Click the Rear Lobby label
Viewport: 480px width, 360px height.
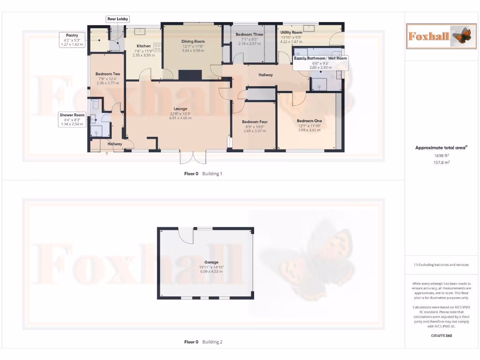(x=118, y=19)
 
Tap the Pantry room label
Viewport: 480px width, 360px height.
(x=72, y=35)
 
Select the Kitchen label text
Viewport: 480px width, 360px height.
(x=143, y=46)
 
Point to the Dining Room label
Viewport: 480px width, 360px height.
(x=193, y=41)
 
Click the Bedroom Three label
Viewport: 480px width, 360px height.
(x=249, y=35)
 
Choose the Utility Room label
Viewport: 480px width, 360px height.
(x=291, y=32)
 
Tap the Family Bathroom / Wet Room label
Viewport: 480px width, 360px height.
(x=320, y=58)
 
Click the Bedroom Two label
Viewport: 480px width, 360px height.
(x=108, y=74)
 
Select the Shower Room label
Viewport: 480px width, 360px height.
(x=72, y=115)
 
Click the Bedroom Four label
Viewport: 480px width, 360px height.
(x=255, y=122)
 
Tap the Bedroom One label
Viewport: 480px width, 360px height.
(x=309, y=120)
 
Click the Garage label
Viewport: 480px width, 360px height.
(x=211, y=262)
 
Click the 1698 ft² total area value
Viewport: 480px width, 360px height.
(x=441, y=155)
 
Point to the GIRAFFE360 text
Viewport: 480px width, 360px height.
(x=441, y=336)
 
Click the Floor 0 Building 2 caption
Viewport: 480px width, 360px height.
(x=203, y=342)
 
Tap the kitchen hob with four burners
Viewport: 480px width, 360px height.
(x=158, y=47)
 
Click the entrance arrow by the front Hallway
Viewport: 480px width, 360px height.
(x=107, y=153)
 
